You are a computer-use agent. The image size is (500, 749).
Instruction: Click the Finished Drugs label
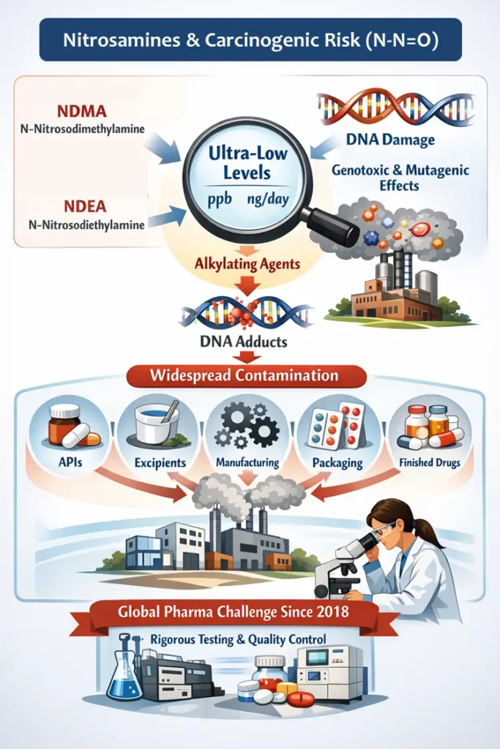(x=427, y=462)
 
